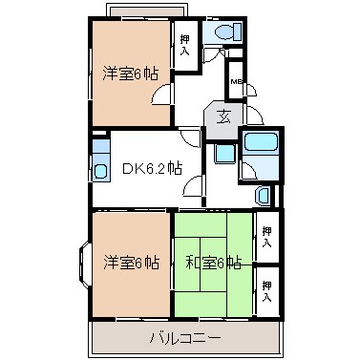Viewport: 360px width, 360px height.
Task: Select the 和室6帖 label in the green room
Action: click(213, 262)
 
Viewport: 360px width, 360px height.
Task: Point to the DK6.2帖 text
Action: click(151, 170)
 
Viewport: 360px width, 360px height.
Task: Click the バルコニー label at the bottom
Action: click(185, 339)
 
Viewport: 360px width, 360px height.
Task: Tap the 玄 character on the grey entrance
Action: click(222, 116)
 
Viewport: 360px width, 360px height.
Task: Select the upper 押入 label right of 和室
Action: click(268, 237)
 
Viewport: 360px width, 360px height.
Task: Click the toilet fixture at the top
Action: click(223, 32)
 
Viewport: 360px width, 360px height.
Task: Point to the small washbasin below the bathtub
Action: click(264, 195)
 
